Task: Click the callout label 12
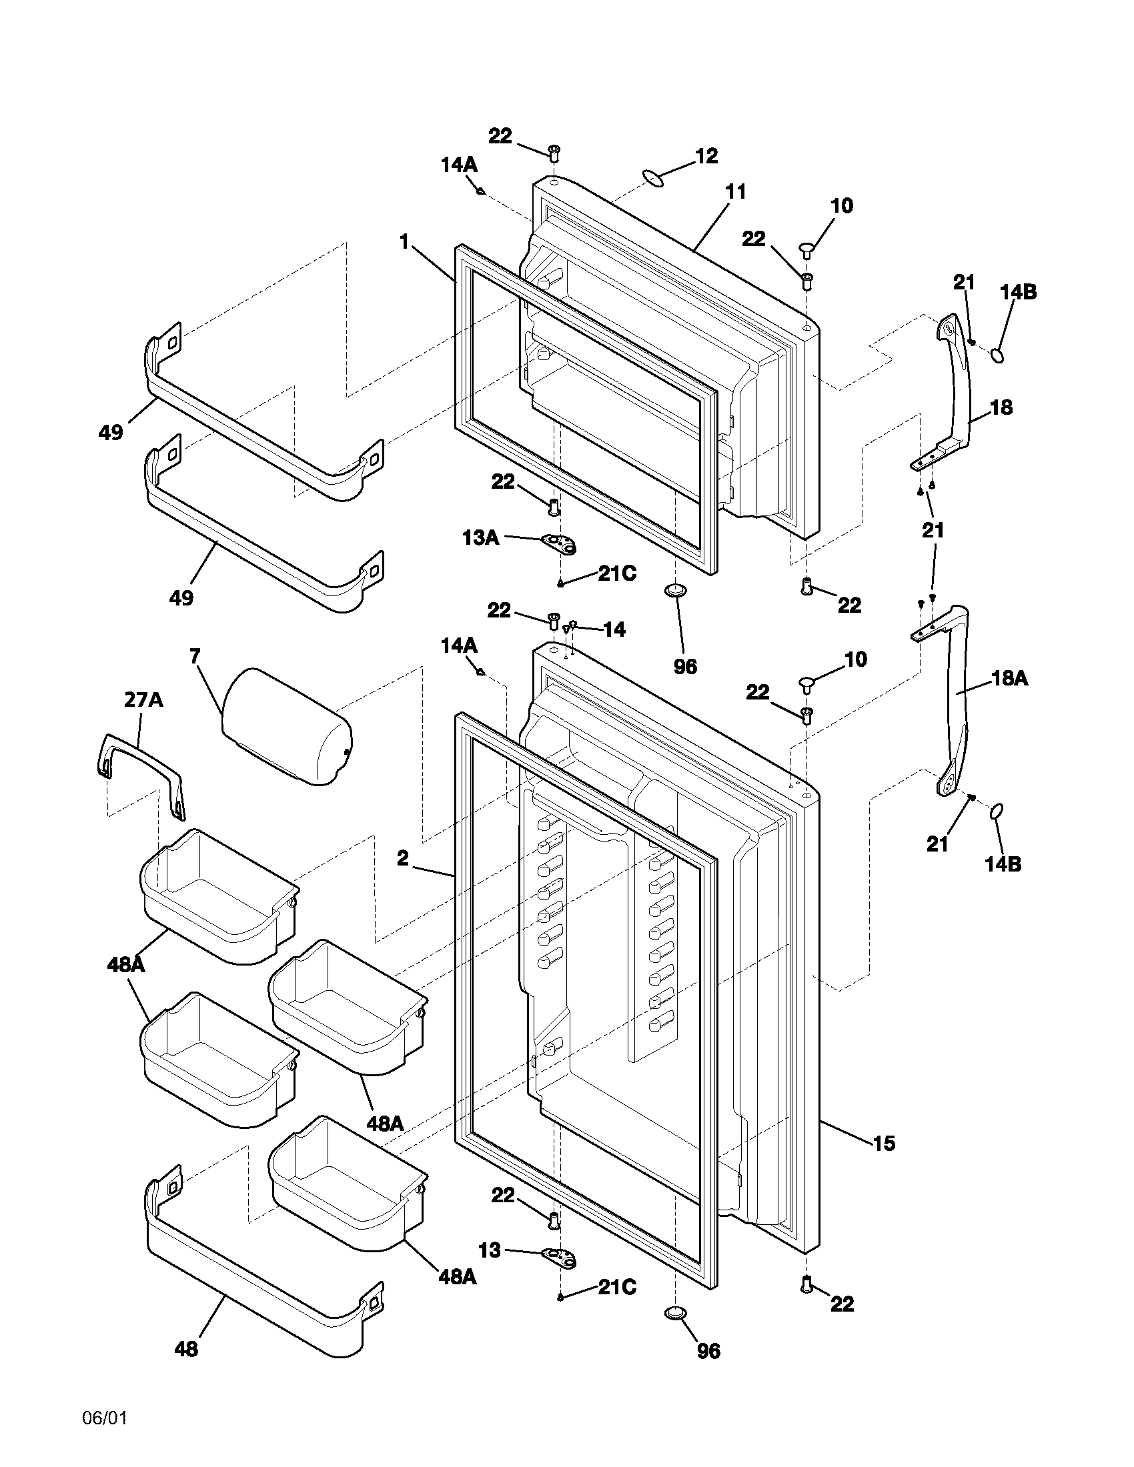pos(706,156)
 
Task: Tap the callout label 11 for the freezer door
pos(736,192)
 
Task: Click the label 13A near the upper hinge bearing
pos(480,537)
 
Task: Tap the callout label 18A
pos(1010,679)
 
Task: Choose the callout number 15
pos(884,1143)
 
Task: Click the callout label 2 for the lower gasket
pos(402,858)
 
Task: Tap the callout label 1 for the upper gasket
pos(404,242)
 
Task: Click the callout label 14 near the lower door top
pos(614,629)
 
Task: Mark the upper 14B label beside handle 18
pos(1018,292)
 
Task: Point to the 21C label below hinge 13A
pos(617,573)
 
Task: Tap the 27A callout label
pos(144,700)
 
